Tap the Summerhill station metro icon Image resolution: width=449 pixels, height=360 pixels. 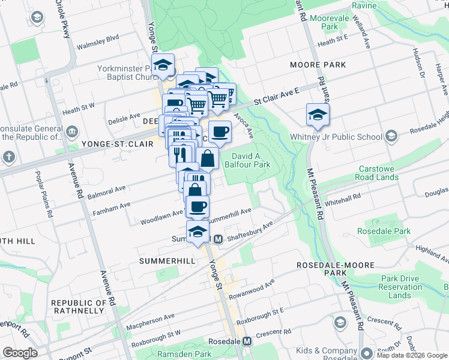218,238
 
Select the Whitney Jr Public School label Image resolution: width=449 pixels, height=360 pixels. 342,137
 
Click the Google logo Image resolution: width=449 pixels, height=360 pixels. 20,353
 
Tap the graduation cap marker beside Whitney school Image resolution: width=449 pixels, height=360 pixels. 318,116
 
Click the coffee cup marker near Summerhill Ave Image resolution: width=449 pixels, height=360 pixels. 197,207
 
